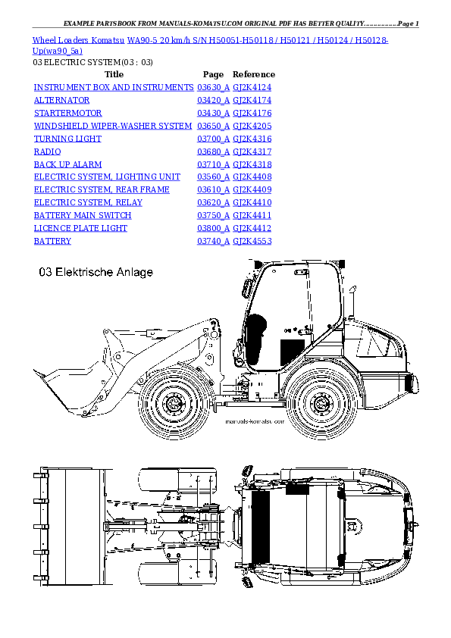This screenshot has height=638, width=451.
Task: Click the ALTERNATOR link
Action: coord(62,100)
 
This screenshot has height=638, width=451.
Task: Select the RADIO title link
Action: coord(47,152)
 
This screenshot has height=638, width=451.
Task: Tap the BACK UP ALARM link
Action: coord(67,164)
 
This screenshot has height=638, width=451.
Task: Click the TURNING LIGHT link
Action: coord(67,139)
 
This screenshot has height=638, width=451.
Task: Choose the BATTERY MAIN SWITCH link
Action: coord(82,215)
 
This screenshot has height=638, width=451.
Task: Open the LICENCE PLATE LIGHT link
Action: coord(80,228)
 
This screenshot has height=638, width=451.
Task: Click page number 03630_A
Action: coord(213,88)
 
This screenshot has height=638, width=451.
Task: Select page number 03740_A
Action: coord(213,241)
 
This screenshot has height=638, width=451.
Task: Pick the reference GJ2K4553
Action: coord(252,241)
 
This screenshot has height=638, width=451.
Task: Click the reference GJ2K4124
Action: coord(252,88)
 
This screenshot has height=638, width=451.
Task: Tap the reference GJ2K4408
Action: coord(252,177)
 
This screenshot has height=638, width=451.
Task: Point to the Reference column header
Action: coord(253,75)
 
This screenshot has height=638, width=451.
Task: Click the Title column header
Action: coord(114,75)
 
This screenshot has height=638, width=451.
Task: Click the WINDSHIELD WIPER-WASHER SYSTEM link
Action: coord(113,126)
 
